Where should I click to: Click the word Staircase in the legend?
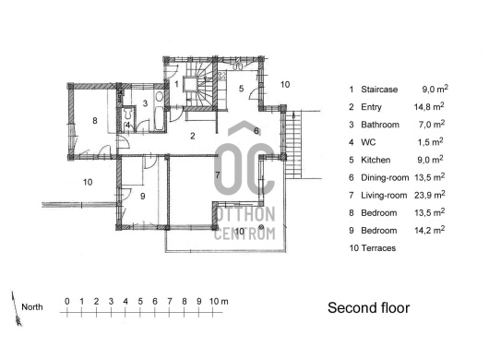[379, 90]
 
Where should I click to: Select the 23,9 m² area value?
[429, 195]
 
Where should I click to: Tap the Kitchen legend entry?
[376, 160]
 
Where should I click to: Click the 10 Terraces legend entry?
[373, 248]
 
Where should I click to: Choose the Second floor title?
[369, 307]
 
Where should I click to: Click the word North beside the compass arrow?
[32, 307]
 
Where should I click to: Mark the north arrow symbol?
[17, 309]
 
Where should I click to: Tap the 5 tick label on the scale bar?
[140, 301]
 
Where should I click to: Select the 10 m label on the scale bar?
[219, 301]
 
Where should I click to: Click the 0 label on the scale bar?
[67, 301]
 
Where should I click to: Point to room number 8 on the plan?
[95, 120]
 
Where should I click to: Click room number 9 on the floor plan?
[142, 197]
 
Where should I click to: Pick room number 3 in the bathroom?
[145, 103]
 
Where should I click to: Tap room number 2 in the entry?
[193, 136]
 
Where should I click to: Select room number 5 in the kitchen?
[241, 89]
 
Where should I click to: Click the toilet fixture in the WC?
[127, 114]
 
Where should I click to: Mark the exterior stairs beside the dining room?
[293, 145]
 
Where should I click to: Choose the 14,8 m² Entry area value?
[429, 107]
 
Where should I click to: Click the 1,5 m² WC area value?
[430, 142]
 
